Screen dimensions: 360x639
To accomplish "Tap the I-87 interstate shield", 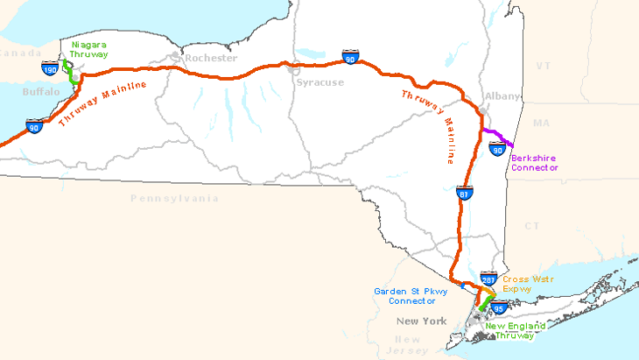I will [x=461, y=193].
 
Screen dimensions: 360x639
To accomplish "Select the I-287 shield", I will [x=489, y=279].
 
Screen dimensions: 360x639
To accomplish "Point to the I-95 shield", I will [x=498, y=308].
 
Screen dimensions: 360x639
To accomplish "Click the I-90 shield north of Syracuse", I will [x=350, y=58].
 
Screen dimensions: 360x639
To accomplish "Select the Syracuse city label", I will [x=320, y=82].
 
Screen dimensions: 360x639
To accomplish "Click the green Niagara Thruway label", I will [x=89, y=48].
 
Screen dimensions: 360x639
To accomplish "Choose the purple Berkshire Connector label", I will [x=534, y=163].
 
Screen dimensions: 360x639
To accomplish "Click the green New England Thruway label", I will [x=516, y=331].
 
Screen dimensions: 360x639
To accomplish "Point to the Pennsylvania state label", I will [x=174, y=199].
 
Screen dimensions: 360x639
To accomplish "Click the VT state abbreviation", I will [x=543, y=66].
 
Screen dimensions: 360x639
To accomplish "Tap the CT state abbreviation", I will [x=532, y=226].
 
